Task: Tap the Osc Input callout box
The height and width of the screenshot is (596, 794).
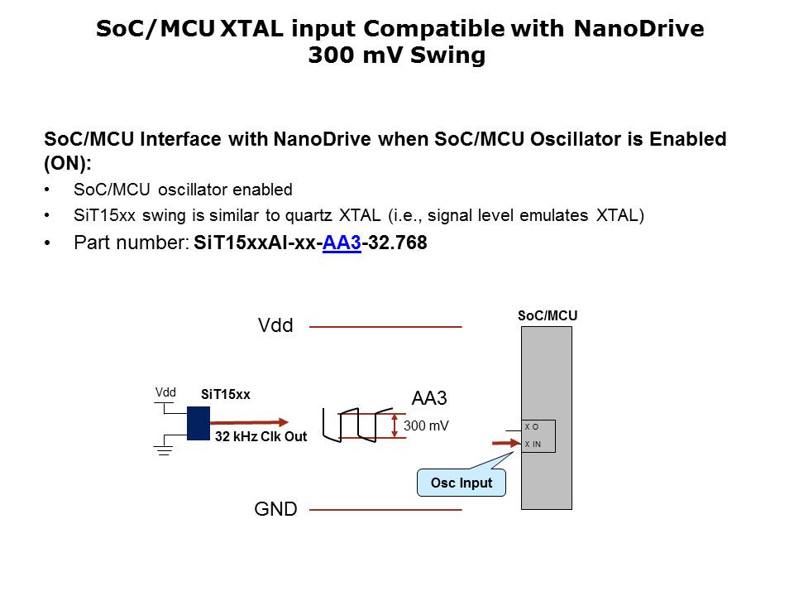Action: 462,483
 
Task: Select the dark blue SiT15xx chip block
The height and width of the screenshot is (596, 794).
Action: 198,423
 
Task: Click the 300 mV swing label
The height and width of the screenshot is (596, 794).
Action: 426,426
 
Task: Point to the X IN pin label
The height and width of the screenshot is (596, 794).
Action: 533,445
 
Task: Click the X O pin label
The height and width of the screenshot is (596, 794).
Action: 531,427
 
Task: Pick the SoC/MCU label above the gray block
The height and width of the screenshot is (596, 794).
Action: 547,315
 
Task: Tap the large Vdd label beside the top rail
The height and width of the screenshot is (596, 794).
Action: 275,326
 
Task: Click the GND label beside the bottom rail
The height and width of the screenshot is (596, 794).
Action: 275,509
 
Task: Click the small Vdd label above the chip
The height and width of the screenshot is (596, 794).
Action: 165,392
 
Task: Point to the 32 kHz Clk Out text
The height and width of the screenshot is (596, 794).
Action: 261,436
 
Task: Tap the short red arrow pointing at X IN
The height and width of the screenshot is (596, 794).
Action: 503,444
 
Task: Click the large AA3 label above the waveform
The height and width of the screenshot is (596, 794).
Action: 429,398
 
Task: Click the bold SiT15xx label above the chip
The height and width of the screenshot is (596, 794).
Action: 225,395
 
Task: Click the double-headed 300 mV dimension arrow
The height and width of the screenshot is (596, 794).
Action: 395,425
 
